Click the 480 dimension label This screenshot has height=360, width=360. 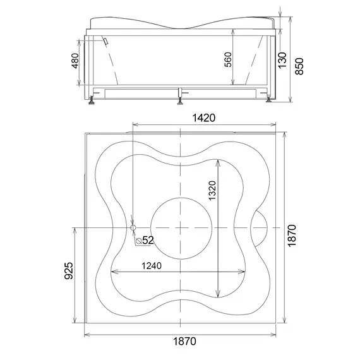tap(75, 61)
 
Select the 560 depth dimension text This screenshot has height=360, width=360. tap(228, 60)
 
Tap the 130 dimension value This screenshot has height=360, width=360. tap(282, 60)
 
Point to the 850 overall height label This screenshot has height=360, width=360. tap(299, 66)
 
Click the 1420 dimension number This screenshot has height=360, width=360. tap(203, 118)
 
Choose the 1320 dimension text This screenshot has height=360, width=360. tap(212, 191)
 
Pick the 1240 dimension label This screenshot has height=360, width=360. tap(152, 266)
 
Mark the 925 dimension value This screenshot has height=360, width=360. tap(68, 271)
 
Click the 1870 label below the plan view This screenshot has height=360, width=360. tap(184, 342)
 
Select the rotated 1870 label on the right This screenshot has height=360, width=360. tap(292, 236)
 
